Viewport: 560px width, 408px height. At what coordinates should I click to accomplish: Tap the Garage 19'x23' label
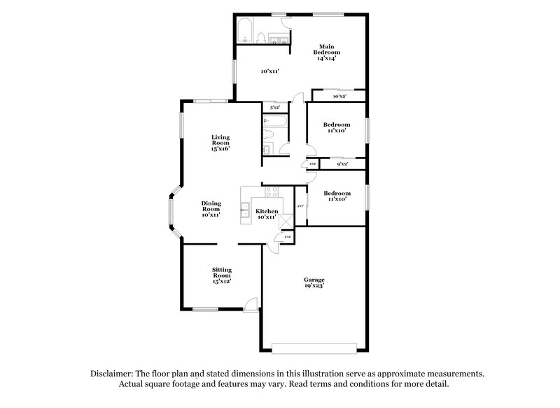pyautogui.click(x=314, y=283)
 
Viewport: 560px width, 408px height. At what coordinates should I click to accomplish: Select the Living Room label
pyautogui.click(x=221, y=142)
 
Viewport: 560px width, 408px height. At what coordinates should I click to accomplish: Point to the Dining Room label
pyautogui.click(x=211, y=208)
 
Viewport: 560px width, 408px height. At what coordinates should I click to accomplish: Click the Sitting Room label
pyautogui.click(x=222, y=275)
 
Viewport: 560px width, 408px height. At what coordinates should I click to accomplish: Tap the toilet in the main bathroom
pyautogui.click(x=260, y=37)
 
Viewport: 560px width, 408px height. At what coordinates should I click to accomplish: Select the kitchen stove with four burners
pyautogui.click(x=270, y=192)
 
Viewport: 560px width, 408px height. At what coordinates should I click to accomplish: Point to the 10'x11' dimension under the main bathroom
pyautogui.click(x=270, y=71)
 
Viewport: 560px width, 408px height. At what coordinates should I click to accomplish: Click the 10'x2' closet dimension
pyautogui.click(x=337, y=97)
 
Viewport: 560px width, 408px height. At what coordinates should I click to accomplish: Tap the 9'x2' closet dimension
pyautogui.click(x=343, y=164)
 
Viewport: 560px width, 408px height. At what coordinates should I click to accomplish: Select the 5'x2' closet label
pyautogui.click(x=274, y=108)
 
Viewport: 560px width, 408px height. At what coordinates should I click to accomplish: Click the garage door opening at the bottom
pyautogui.click(x=314, y=346)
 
